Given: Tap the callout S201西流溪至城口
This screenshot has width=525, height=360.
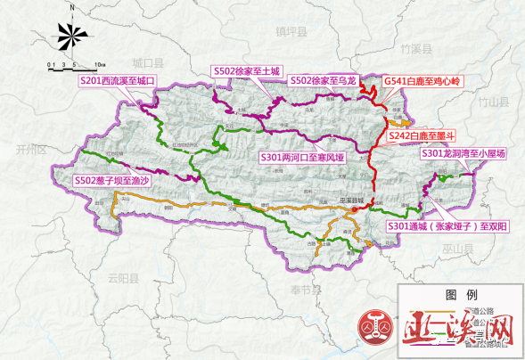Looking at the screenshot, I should point(118,81).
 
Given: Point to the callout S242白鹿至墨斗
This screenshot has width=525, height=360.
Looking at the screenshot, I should point(423,134).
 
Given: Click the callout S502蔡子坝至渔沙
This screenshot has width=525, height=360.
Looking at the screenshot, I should point(114,181).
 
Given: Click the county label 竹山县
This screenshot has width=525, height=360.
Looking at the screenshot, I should point(490,102).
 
